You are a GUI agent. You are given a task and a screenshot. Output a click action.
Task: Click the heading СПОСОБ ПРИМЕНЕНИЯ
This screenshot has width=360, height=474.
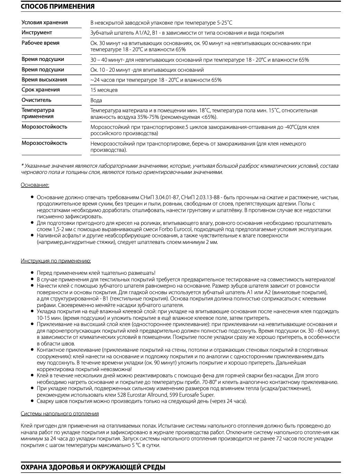click(x=57, y=7)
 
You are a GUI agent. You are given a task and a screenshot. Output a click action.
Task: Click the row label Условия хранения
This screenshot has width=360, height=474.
click(x=45, y=23)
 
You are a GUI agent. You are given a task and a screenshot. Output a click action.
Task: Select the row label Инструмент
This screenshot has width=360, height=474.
click(x=37, y=33)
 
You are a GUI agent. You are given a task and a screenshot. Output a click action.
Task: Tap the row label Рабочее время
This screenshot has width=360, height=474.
click(x=40, y=43)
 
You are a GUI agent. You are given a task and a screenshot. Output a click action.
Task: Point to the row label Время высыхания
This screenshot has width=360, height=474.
click(x=44, y=80)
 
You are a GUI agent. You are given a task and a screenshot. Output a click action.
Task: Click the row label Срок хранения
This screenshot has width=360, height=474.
click(x=40, y=90)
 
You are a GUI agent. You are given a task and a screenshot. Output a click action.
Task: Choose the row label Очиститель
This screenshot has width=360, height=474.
click(x=36, y=100)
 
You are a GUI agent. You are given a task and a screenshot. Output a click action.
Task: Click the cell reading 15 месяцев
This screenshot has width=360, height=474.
click(x=104, y=90)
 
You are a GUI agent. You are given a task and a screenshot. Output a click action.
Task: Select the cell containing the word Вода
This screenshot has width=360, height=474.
click(x=96, y=100)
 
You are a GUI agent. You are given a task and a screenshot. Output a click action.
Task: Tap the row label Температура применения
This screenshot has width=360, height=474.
click(x=38, y=113)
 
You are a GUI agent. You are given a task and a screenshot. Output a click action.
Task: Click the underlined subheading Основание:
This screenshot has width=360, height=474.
click(x=35, y=185)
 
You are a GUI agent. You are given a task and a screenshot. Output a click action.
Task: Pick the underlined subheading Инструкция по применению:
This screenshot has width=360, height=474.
click(x=56, y=261)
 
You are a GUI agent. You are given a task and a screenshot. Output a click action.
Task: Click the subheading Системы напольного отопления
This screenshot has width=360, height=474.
click(x=60, y=414)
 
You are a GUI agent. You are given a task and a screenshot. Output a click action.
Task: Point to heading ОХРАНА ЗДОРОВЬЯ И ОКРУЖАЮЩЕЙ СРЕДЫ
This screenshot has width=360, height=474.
click(x=93, y=467)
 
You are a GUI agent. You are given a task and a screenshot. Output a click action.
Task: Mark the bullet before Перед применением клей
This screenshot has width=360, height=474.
click(x=32, y=273)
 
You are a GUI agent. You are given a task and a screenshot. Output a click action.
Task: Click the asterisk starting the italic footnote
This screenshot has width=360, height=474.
click(x=22, y=166)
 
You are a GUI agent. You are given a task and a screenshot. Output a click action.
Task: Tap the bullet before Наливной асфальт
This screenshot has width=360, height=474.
click(x=32, y=235)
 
